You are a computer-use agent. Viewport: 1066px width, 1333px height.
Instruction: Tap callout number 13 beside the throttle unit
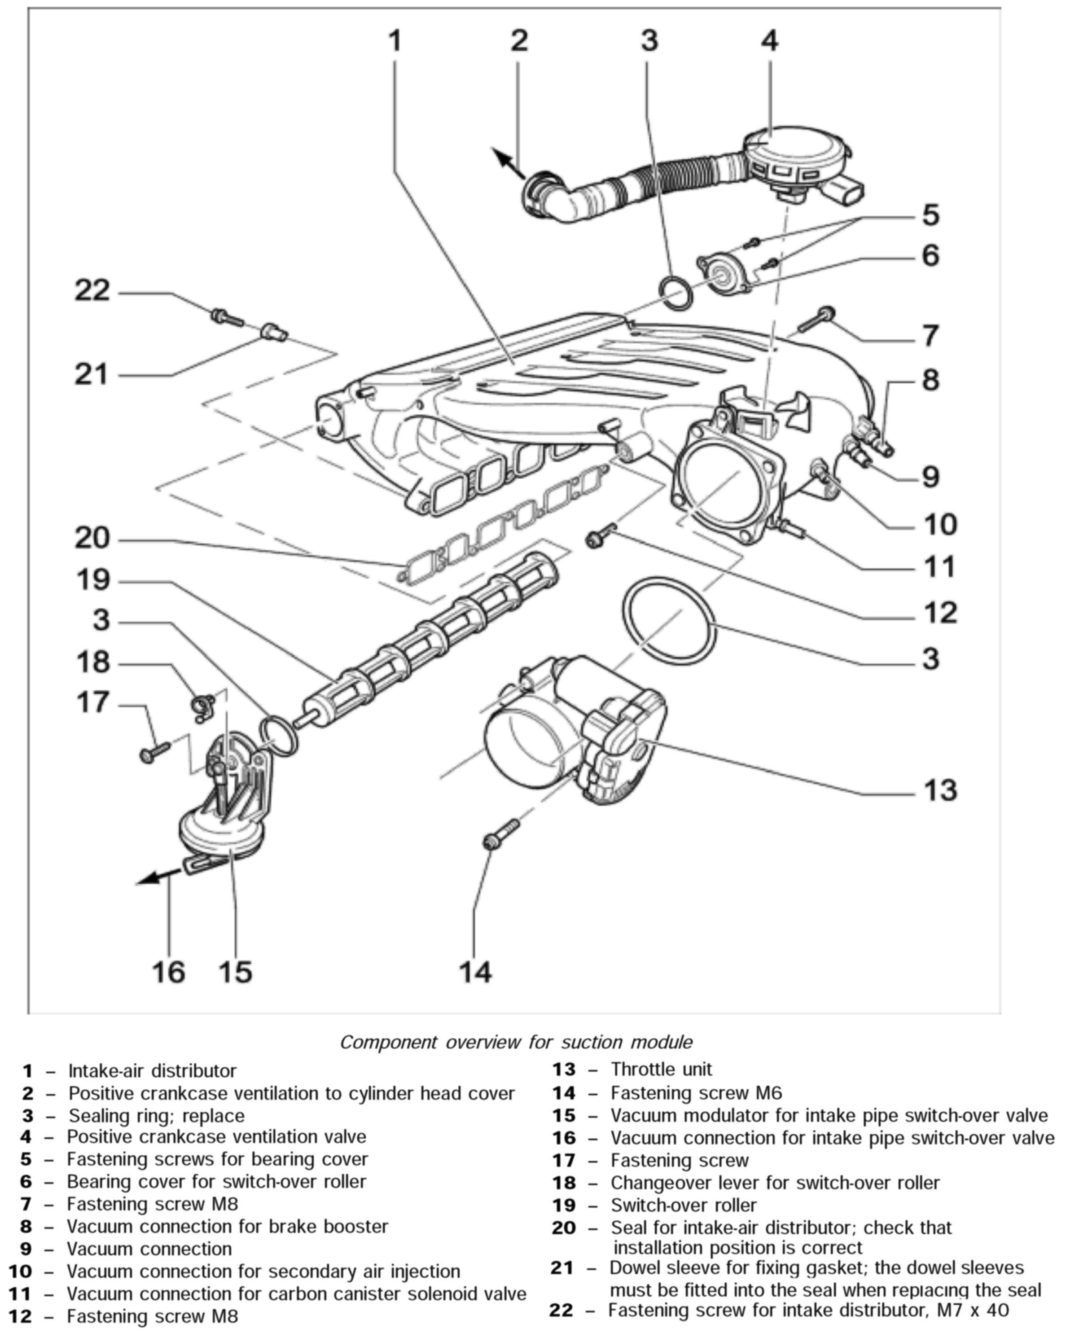[939, 790]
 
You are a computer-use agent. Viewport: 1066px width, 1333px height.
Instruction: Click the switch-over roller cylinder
[433, 637]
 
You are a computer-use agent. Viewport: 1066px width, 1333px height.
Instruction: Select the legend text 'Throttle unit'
[661, 1069]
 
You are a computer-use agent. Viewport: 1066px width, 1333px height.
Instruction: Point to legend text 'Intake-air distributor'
[152, 1070]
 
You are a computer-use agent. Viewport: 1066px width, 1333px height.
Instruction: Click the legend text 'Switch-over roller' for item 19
[683, 1205]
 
